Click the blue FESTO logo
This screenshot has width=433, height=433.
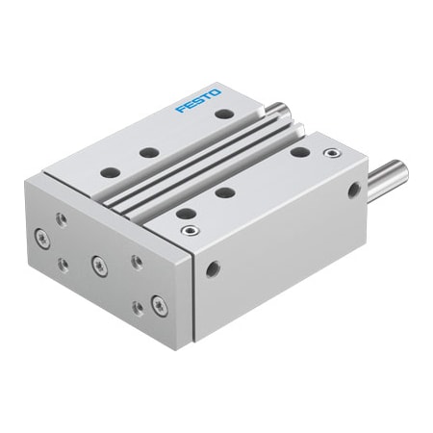pos(198,100)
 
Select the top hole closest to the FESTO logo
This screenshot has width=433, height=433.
pos(223,115)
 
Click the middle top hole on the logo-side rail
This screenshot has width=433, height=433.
pos(147,152)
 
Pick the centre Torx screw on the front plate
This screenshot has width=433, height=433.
pos(97,261)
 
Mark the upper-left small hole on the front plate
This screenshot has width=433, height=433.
pos(62,219)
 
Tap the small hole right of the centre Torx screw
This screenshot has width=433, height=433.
pos(136,262)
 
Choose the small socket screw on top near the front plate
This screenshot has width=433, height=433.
pos(189,231)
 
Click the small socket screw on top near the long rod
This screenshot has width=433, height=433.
pos(332,152)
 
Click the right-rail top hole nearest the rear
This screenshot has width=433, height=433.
pos(299,152)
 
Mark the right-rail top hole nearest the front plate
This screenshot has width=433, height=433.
pos(186,213)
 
